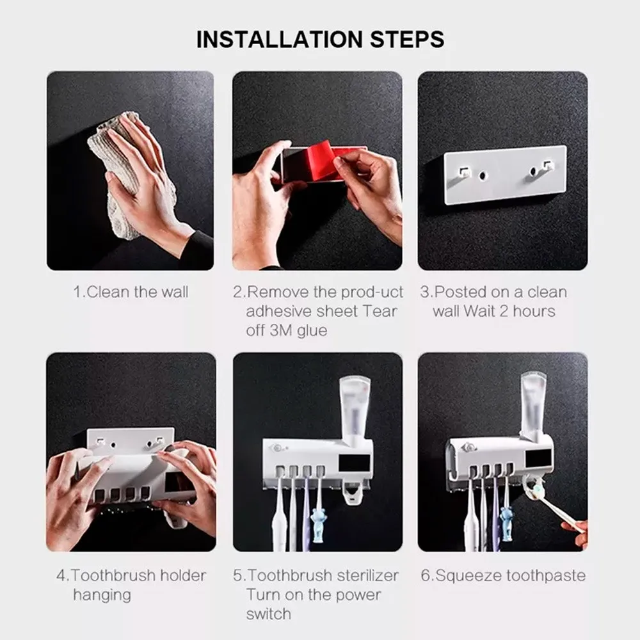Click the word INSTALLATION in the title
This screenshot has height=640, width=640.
coord(280,39)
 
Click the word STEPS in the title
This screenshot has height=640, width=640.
coord(407,39)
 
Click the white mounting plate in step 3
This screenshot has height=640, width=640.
coord(506,174)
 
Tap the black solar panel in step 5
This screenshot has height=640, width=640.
coord(355,463)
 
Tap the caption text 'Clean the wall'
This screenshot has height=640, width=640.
coord(138,292)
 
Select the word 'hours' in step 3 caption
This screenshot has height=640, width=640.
coord(534,312)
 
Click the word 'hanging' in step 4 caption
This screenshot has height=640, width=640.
coord(102,595)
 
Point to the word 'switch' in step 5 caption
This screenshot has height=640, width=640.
coord(269,614)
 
